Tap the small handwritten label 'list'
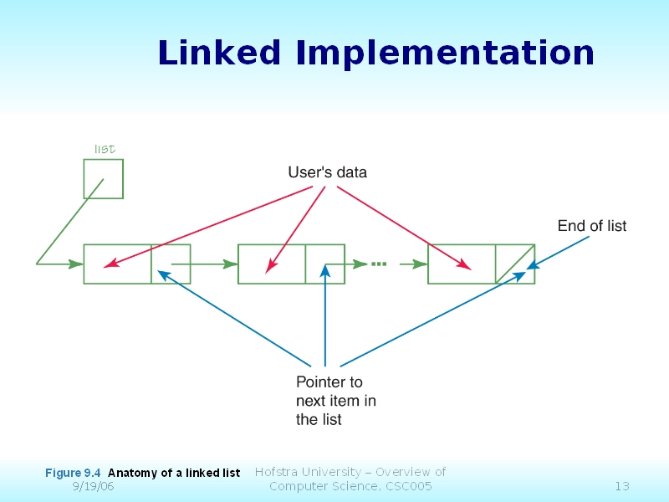(x=104, y=149)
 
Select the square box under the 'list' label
(x=103, y=178)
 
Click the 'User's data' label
(x=327, y=173)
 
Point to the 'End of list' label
(x=591, y=226)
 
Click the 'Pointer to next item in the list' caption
(x=336, y=401)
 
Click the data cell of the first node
(x=117, y=264)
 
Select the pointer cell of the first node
(x=171, y=264)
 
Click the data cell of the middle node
(x=272, y=264)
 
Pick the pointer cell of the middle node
(x=325, y=264)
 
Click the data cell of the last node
(x=462, y=264)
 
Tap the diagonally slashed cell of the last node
(x=515, y=264)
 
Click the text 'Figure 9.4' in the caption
(x=74, y=474)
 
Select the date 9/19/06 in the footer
(x=94, y=487)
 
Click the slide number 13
(x=621, y=487)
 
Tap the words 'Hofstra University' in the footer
(x=307, y=472)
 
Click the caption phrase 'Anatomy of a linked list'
(x=174, y=474)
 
